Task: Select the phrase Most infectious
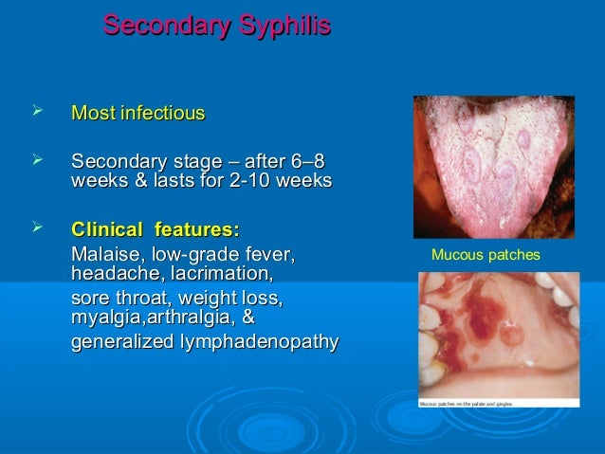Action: (138, 115)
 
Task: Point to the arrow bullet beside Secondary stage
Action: (39, 162)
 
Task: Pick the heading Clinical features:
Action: (156, 230)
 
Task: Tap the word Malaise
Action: (105, 254)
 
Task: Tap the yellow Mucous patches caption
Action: (486, 256)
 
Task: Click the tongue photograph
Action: (493, 166)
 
